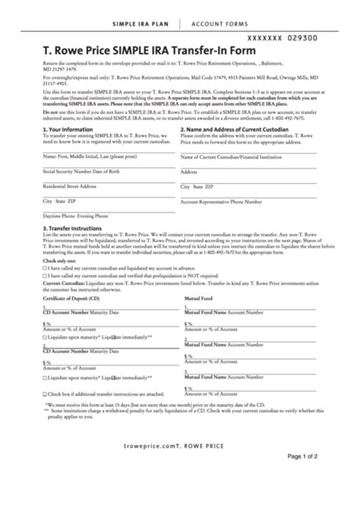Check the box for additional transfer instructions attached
(46, 394)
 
